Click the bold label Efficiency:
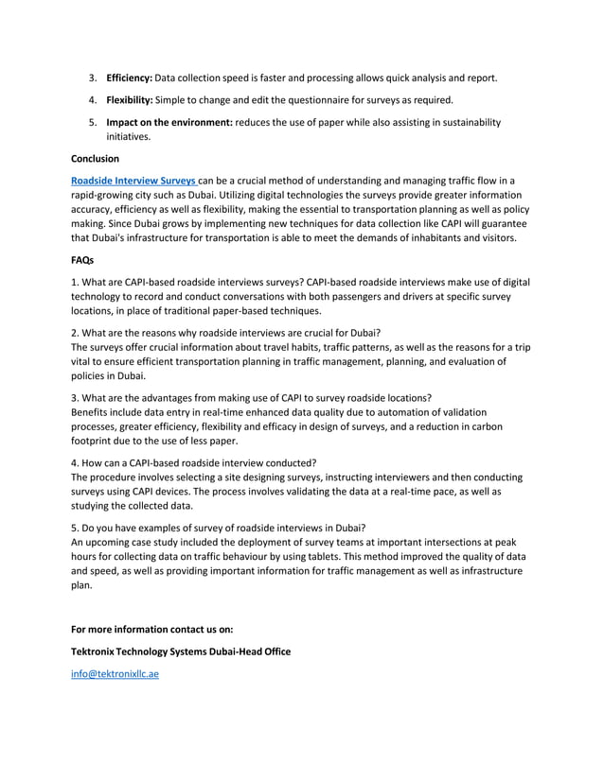(129, 78)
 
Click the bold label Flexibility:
(129, 99)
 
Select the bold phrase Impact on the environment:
(169, 122)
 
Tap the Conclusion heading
(95, 158)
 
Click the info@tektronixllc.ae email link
(111, 675)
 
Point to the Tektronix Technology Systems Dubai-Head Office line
(181, 651)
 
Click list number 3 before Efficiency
(93, 78)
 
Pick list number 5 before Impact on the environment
(93, 122)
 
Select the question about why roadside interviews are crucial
(226, 333)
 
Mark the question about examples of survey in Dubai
(219, 528)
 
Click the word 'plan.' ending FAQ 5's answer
(83, 585)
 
